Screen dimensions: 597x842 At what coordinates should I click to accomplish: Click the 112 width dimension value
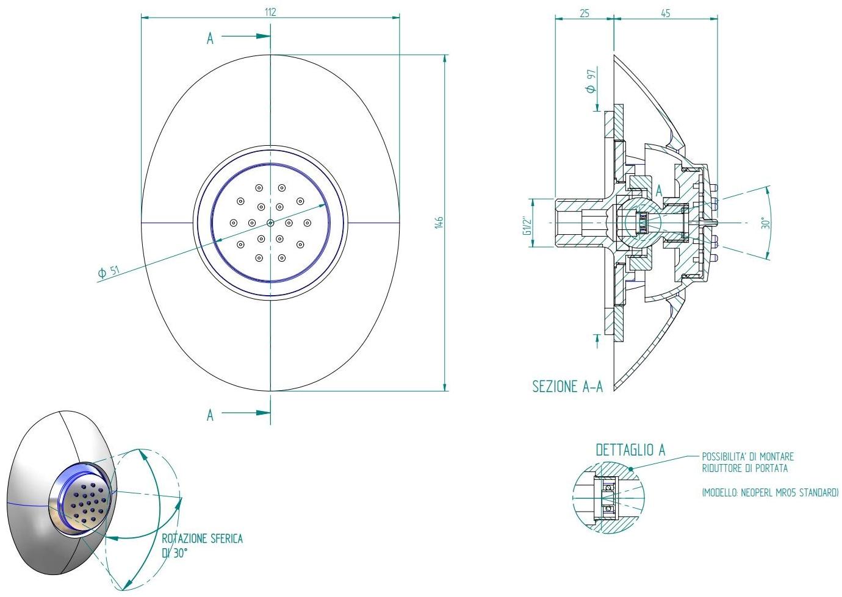click(x=270, y=12)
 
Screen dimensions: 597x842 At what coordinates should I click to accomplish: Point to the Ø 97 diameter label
click(x=590, y=80)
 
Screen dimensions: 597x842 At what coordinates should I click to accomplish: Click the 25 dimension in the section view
click(x=584, y=12)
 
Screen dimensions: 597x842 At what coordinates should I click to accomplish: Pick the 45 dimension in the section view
click(x=665, y=12)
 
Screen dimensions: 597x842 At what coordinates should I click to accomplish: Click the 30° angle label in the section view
click(x=767, y=223)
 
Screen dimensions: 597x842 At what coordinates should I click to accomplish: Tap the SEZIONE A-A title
click(x=567, y=387)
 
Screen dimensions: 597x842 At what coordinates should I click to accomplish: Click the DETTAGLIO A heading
click(x=630, y=450)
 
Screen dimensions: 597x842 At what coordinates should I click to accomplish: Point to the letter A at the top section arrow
click(x=210, y=38)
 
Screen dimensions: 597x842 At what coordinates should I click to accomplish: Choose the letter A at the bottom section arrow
click(x=210, y=415)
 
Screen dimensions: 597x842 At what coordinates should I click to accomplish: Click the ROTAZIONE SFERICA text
click(x=202, y=539)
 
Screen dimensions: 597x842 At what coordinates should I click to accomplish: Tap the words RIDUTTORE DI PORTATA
click(x=744, y=468)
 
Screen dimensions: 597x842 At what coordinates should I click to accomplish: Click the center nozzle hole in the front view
click(x=270, y=223)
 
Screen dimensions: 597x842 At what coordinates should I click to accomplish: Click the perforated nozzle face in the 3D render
click(x=87, y=502)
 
